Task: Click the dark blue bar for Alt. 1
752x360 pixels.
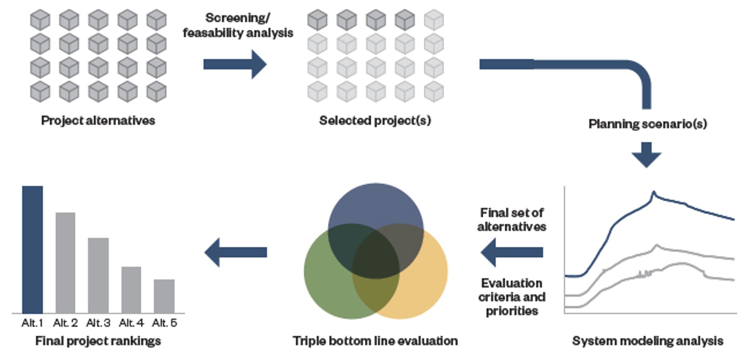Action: [32, 250]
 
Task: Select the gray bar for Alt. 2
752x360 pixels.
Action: [65, 263]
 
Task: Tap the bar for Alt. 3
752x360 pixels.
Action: [99, 275]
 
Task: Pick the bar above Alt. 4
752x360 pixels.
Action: [131, 290]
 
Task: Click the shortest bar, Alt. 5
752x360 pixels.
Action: [164, 296]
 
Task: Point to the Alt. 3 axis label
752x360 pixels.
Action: [99, 323]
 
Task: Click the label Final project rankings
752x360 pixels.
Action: [98, 341]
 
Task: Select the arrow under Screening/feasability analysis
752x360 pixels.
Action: [235, 64]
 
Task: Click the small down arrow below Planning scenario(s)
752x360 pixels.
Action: [646, 155]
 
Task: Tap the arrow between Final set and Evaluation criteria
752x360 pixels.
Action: [512, 252]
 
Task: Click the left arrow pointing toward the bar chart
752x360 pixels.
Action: [236, 252]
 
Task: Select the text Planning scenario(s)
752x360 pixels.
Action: [647, 124]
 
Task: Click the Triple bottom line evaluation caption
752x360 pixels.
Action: [375, 341]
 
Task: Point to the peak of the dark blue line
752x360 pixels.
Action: [653, 192]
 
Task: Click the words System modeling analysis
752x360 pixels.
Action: [647, 341]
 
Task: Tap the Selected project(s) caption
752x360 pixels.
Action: [375, 120]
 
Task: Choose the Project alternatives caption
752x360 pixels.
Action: [98, 120]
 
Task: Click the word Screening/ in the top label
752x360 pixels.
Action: [238, 18]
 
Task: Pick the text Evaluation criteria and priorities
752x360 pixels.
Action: [512, 297]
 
